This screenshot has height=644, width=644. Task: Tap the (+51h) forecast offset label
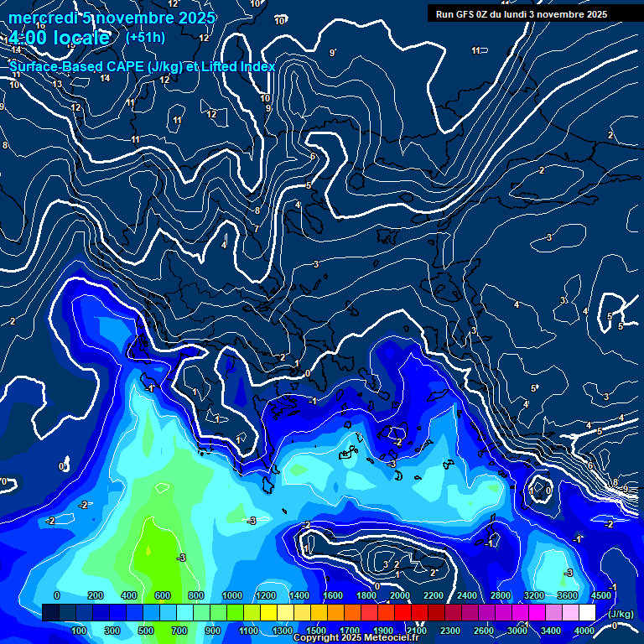pos(145,37)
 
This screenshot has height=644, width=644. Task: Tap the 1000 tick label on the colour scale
pos(232,595)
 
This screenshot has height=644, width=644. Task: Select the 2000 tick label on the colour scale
pos(401,595)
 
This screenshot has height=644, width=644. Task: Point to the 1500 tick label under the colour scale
pos(316,630)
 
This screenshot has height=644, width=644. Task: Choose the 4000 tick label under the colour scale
pos(584,630)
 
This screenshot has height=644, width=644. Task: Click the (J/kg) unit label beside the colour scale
pos(621,615)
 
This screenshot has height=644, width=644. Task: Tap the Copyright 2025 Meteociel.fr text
pos(356,638)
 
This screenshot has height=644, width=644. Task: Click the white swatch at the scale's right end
pos(587,613)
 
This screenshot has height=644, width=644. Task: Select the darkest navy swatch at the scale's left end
pos(50,613)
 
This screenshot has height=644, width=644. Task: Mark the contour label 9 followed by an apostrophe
pos(333,53)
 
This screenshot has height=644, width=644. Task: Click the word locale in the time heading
pos(80,38)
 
